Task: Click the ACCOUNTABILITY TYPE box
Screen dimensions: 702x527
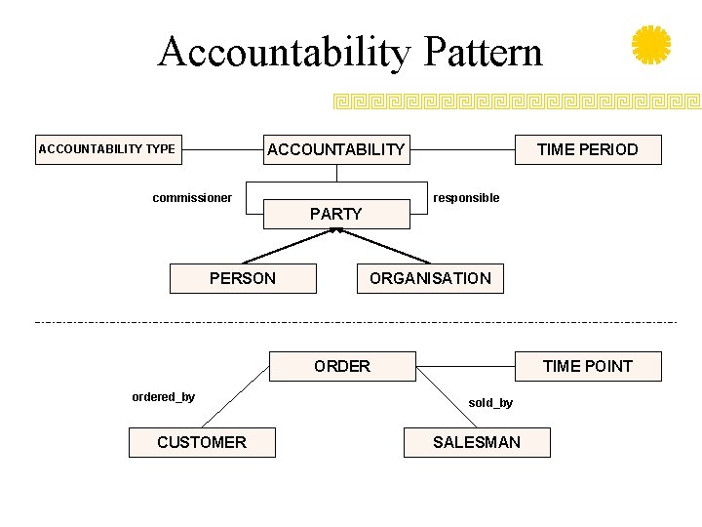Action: [x=107, y=149]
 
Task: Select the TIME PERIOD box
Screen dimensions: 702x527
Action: [x=587, y=149]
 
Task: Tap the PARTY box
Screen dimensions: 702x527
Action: [x=335, y=214]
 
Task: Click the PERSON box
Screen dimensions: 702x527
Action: [x=243, y=278]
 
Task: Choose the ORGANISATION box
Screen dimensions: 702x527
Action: [x=430, y=278]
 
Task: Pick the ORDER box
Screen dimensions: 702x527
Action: [x=341, y=366]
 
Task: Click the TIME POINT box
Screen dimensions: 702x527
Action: [x=587, y=366]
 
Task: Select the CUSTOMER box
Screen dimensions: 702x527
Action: [x=202, y=442]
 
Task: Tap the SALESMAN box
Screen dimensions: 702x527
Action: [x=477, y=442]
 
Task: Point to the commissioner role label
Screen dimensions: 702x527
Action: [x=192, y=198]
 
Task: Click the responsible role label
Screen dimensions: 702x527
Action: [x=466, y=198]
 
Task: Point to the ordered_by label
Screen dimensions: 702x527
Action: [x=163, y=396]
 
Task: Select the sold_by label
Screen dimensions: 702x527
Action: [x=490, y=403]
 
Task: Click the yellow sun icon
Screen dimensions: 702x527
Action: [x=651, y=45]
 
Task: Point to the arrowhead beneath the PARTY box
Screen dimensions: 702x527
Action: [x=336, y=231]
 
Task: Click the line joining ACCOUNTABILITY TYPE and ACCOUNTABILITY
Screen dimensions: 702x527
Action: [x=221, y=149]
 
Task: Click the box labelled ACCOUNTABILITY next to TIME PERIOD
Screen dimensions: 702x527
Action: [x=335, y=149]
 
